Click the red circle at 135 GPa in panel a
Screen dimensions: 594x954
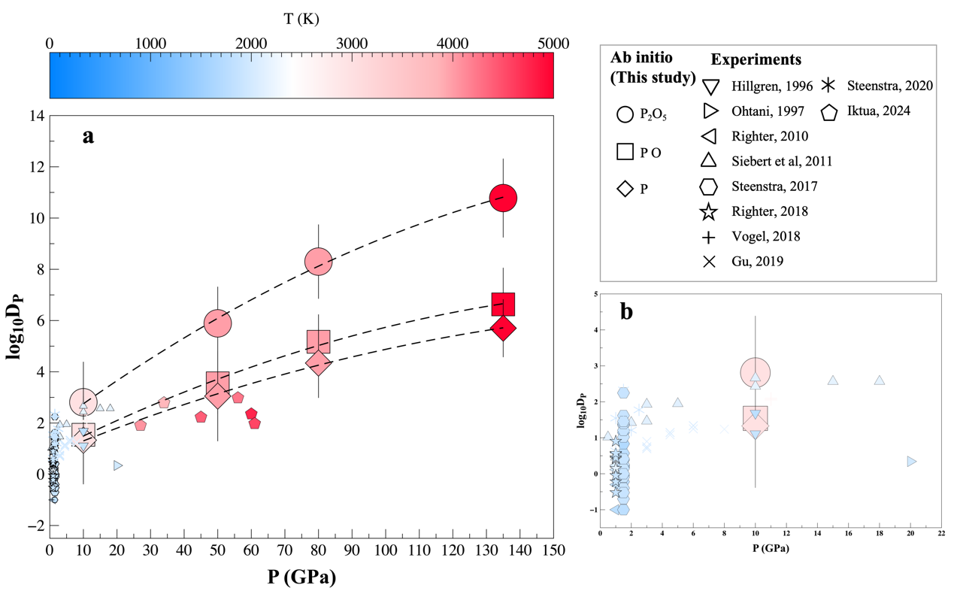click(503, 199)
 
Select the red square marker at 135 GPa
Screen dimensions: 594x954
click(503, 304)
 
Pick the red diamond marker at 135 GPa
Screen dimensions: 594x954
click(503, 329)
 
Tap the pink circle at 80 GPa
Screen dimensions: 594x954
click(318, 262)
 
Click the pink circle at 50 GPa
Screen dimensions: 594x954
click(217, 323)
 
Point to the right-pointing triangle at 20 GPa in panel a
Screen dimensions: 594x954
click(117, 465)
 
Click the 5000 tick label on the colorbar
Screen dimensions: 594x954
click(553, 44)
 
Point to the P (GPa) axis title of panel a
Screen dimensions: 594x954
click(301, 577)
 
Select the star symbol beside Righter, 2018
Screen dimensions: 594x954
click(708, 212)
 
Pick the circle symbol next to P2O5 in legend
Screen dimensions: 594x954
click(624, 114)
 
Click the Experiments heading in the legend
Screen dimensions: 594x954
click(756, 59)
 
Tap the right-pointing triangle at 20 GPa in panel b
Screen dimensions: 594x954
click(911, 461)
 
